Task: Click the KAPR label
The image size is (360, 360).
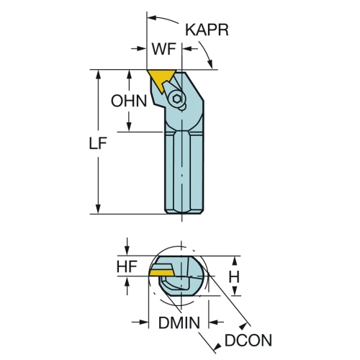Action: [207, 30]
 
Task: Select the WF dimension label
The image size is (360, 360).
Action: [164, 49]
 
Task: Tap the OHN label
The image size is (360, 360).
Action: [129, 101]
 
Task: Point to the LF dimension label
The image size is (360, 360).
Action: [98, 143]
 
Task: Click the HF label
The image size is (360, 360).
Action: [127, 266]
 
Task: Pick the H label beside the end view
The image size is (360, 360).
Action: [234, 276]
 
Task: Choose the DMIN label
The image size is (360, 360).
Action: [179, 323]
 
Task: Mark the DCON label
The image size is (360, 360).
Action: [248, 340]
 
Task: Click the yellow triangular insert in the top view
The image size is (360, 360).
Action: [161, 78]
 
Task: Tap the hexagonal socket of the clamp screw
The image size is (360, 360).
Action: [177, 99]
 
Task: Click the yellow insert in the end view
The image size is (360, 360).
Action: [161, 273]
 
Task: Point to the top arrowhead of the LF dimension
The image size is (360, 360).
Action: [98, 74]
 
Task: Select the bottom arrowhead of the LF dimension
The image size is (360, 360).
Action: [98, 209]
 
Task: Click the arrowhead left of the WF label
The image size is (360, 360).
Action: [142, 49]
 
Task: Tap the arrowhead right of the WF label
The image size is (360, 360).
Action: [187, 49]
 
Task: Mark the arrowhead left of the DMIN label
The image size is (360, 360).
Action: [144, 322]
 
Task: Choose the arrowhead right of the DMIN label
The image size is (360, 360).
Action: [214, 322]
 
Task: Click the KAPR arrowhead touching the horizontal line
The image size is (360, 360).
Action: [210, 64]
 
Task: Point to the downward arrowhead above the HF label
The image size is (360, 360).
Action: [127, 251]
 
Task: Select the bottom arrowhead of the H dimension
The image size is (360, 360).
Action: [235, 291]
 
